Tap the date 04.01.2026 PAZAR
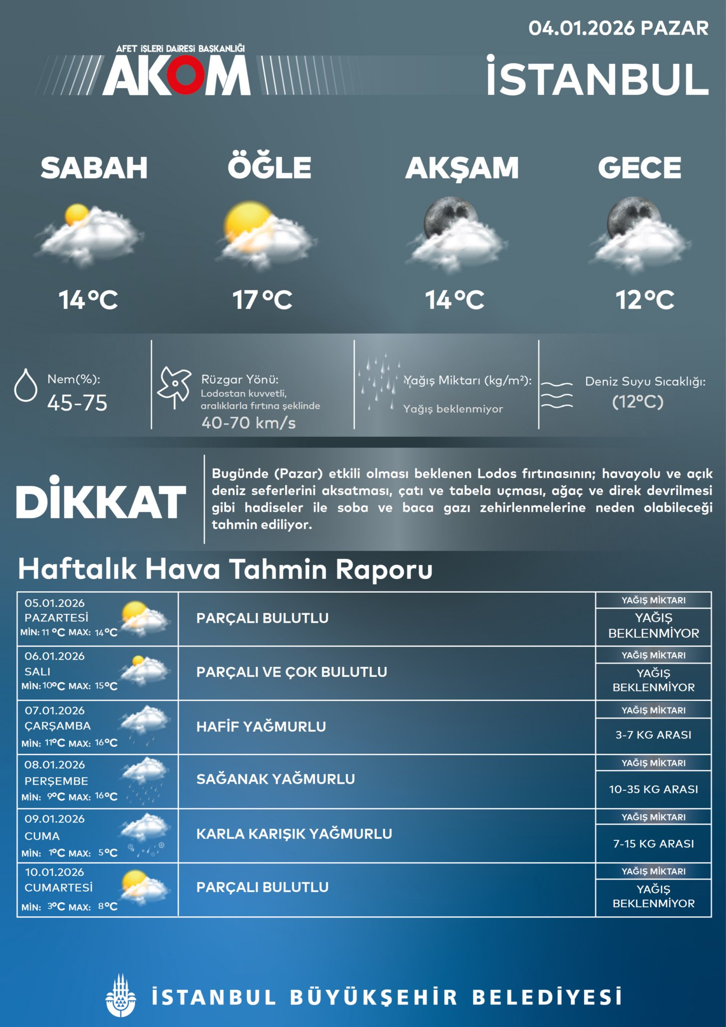(618, 28)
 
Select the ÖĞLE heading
(270, 167)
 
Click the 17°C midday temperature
(262, 300)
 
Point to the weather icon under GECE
(642, 234)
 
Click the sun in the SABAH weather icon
(77, 215)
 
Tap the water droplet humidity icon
(26, 385)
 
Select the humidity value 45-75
(77, 403)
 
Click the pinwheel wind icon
(174, 387)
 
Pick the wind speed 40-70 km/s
(249, 423)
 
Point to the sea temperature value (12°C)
(638, 402)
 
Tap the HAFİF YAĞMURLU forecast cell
(261, 727)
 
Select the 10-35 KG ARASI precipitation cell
(653, 789)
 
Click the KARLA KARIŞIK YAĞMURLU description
(294, 834)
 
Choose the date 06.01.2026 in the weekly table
(55, 656)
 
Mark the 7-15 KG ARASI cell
(653, 843)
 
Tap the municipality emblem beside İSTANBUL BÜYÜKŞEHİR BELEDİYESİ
(120, 996)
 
